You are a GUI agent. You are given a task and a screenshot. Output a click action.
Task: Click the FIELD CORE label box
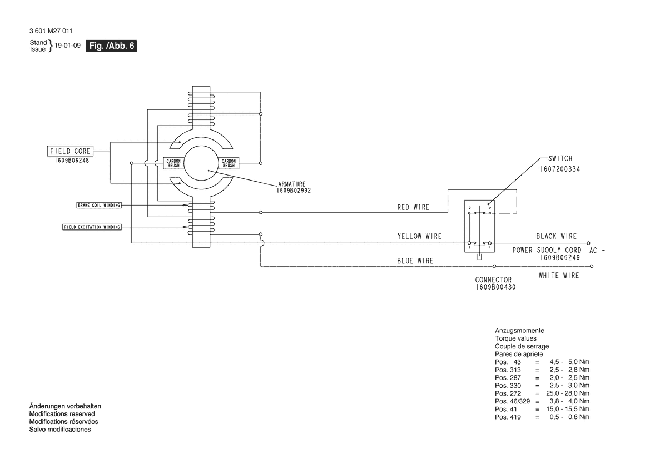[70, 151]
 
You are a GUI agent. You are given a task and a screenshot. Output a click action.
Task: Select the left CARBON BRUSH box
[173, 163]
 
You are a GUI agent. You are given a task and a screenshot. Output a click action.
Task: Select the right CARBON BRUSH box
[229, 163]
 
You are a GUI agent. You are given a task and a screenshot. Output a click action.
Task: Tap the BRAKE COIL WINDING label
[99, 205]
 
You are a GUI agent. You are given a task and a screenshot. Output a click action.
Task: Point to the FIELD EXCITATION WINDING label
[92, 227]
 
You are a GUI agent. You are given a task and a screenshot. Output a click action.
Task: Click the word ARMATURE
[292, 184]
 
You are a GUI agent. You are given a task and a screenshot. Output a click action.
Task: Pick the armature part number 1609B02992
[294, 191]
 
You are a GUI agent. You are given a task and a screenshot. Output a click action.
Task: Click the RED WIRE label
[413, 207]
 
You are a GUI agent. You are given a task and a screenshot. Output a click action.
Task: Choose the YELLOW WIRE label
[419, 236]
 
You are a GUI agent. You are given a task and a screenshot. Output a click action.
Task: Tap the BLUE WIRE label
[415, 261]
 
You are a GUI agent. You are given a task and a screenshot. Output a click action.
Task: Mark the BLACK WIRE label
[557, 236]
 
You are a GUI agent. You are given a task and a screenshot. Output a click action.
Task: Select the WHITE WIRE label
[559, 276]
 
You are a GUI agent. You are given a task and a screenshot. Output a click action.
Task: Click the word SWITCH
[560, 158]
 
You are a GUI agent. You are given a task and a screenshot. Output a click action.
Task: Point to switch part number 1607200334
[560, 169]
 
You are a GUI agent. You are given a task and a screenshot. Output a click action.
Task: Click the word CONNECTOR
[493, 280]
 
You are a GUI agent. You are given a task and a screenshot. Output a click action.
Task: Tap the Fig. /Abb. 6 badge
[111, 46]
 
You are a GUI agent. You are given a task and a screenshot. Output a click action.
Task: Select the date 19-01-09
[68, 46]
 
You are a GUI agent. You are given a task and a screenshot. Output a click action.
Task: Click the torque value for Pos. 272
[568, 393]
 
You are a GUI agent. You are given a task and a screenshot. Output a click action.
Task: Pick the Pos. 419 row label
[508, 417]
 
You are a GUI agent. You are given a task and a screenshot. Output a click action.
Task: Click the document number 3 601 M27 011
[51, 31]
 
